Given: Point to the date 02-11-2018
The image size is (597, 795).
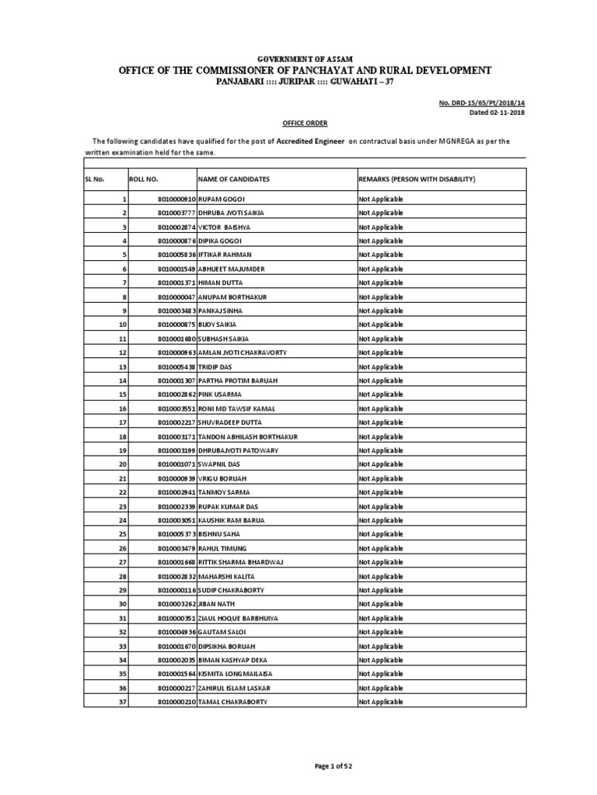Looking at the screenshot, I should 507,112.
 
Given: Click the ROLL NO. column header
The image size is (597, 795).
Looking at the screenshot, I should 145,179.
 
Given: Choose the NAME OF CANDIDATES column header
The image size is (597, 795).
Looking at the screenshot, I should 234,179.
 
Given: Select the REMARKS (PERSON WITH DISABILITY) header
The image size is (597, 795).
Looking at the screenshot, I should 417,179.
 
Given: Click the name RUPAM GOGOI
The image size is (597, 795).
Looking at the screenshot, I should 223,200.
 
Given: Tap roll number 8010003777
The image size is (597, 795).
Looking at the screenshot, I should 176,214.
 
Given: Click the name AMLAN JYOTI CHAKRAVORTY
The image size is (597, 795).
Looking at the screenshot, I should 243,352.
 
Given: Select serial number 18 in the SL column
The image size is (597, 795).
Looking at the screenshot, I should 122,436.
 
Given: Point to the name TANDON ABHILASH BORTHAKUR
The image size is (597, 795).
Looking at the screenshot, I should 248,436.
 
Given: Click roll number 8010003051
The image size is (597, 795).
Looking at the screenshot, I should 176,520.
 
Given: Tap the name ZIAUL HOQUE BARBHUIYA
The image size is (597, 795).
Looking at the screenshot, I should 238,618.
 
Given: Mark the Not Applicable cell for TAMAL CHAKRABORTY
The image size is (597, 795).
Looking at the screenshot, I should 381,702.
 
